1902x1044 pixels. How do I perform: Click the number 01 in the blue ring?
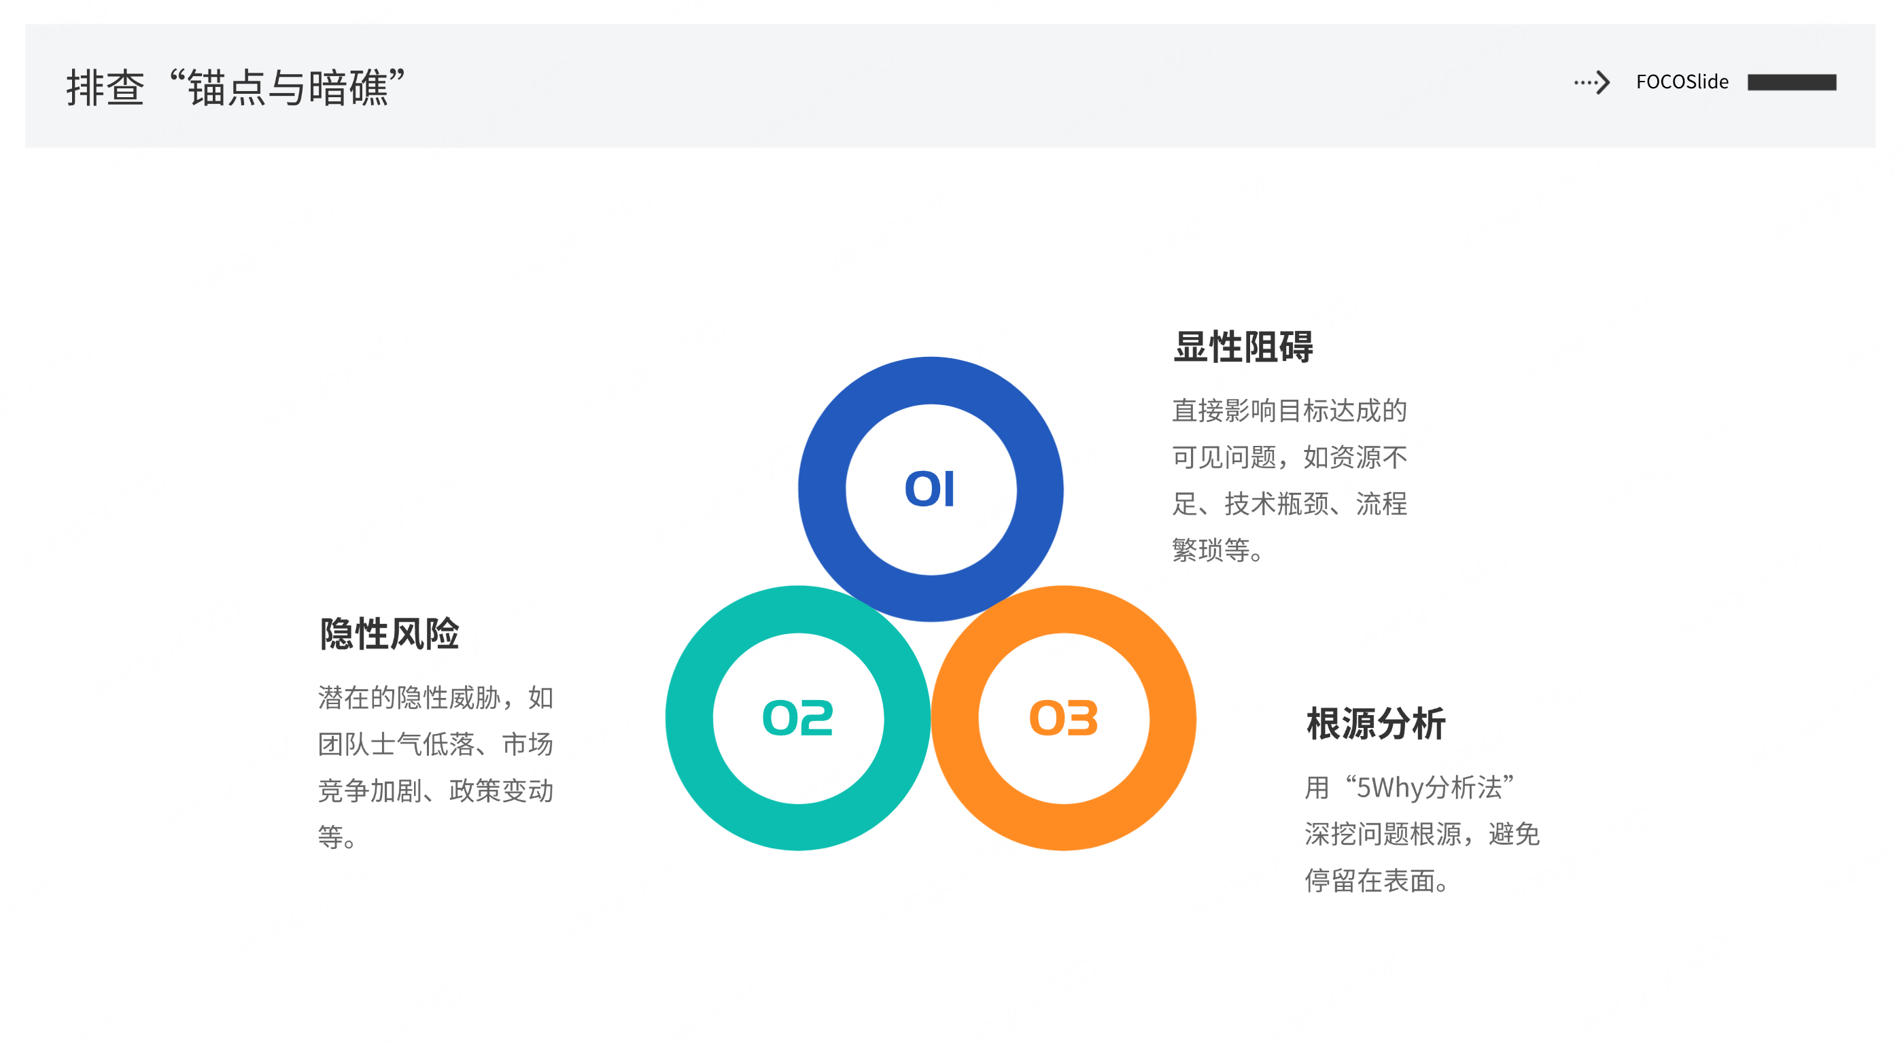pyautogui.click(x=930, y=489)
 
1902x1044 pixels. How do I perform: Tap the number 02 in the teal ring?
pyautogui.click(x=797, y=718)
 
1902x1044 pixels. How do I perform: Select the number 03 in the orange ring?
pyautogui.click(x=1063, y=718)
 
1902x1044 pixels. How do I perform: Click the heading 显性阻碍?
pyautogui.click(x=1243, y=347)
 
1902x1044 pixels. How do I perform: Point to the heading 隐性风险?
pyautogui.click(x=389, y=634)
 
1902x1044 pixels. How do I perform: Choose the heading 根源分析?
pyautogui.click(x=1376, y=724)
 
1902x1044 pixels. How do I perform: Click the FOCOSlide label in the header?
pyautogui.click(x=1682, y=82)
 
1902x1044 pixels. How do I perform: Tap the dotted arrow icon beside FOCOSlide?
pyautogui.click(x=1592, y=82)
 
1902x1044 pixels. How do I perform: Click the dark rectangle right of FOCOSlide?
pyautogui.click(x=1791, y=82)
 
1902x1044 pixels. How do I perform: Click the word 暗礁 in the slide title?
pyautogui.click(x=348, y=88)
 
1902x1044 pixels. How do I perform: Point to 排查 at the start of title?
pyautogui.click(x=105, y=88)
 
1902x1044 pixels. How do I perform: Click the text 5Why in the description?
pyautogui.click(x=1389, y=788)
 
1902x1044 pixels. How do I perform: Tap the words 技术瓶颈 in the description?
pyautogui.click(x=1277, y=504)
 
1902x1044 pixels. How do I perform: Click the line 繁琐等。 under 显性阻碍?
pyautogui.click(x=1218, y=550)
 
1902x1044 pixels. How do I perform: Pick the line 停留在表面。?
pyautogui.click(x=1377, y=881)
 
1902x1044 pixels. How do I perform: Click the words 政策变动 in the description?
pyautogui.click(x=502, y=790)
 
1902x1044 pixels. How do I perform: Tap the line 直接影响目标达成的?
pyautogui.click(x=1289, y=411)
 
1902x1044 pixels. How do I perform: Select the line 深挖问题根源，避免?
pyautogui.click(x=1421, y=834)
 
